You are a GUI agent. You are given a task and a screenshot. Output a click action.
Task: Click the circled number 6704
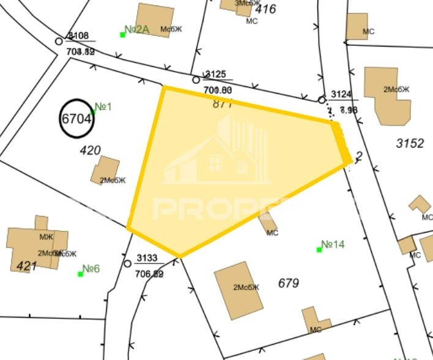click(76, 118)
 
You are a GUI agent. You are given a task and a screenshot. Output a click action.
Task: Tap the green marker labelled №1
click(94, 111)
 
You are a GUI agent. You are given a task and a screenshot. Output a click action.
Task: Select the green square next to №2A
click(122, 34)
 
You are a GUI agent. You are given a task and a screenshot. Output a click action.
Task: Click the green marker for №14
click(319, 249)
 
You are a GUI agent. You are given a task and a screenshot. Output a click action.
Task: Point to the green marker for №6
click(80, 274)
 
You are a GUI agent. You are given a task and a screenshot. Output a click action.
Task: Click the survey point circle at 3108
click(59, 41)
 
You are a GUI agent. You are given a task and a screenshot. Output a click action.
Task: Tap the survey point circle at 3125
click(196, 80)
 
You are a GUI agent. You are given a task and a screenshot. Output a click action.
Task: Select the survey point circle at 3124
click(322, 100)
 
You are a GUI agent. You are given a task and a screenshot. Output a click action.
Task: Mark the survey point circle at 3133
click(127, 263)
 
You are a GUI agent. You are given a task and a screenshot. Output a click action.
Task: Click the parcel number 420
click(90, 149)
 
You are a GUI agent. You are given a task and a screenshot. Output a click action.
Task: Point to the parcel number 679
click(288, 283)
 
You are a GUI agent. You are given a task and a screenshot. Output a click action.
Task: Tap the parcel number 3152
click(410, 143)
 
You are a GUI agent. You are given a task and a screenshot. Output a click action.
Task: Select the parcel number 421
click(25, 266)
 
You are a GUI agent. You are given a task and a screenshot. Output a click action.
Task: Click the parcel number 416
click(265, 9)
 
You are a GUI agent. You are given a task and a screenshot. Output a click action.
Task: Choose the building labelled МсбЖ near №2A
click(155, 20)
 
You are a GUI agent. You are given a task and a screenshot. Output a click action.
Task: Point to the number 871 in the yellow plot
click(223, 103)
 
